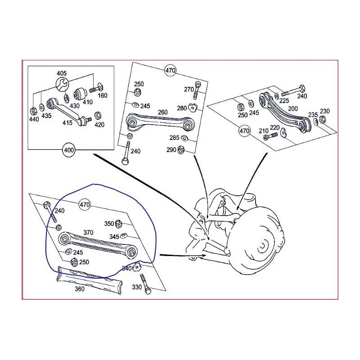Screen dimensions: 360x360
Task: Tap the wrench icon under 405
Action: coord(61,84)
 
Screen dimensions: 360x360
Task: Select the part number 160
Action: coord(103,95)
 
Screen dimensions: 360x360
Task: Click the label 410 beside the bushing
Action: coord(87,102)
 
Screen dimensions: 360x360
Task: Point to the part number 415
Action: coord(67,122)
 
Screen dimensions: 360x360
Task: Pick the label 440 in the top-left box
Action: coord(34,119)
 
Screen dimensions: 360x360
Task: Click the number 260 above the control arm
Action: coord(162,112)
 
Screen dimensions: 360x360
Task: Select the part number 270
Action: coord(189,90)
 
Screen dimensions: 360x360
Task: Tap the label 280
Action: coord(181,108)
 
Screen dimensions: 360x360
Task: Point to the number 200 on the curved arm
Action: coord(293,109)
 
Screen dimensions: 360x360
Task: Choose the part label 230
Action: coord(324,111)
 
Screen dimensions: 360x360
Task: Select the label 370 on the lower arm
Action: coord(88,233)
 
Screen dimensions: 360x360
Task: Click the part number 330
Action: coord(136,287)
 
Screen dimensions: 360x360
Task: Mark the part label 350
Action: coord(109,223)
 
